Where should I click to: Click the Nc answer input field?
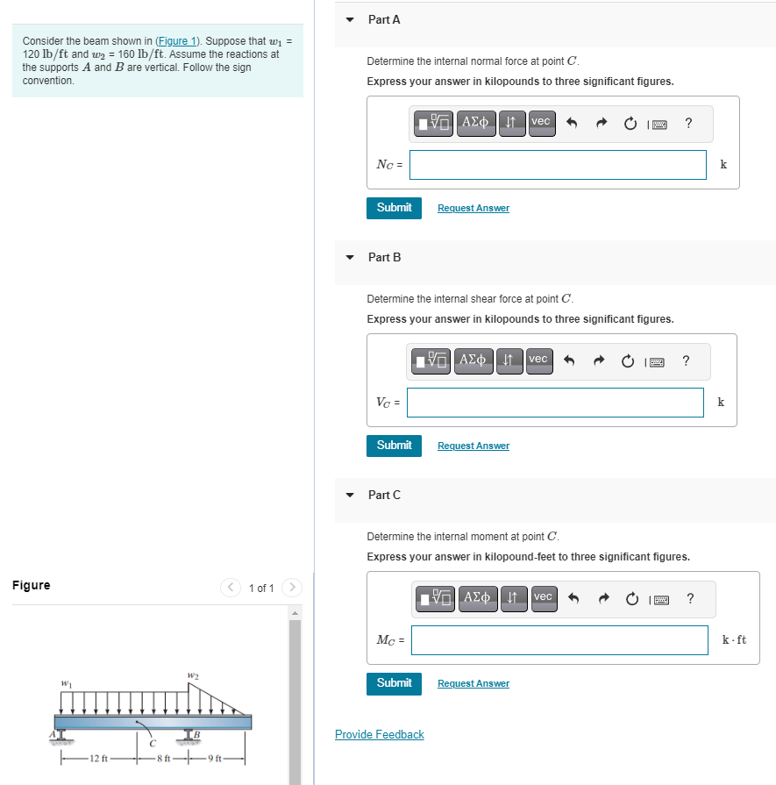tap(558, 165)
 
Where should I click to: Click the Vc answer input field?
tap(555, 403)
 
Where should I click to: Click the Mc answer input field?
tap(559, 640)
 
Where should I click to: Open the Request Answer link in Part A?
tap(473, 208)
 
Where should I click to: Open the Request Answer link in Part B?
tap(473, 446)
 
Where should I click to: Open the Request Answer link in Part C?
tap(473, 683)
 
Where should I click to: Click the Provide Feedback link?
tap(379, 734)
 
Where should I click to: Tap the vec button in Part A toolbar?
tap(540, 122)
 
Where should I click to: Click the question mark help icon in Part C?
tap(691, 598)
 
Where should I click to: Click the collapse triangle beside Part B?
tap(351, 258)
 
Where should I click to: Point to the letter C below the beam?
tap(152, 745)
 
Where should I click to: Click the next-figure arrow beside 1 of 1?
tap(294, 588)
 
